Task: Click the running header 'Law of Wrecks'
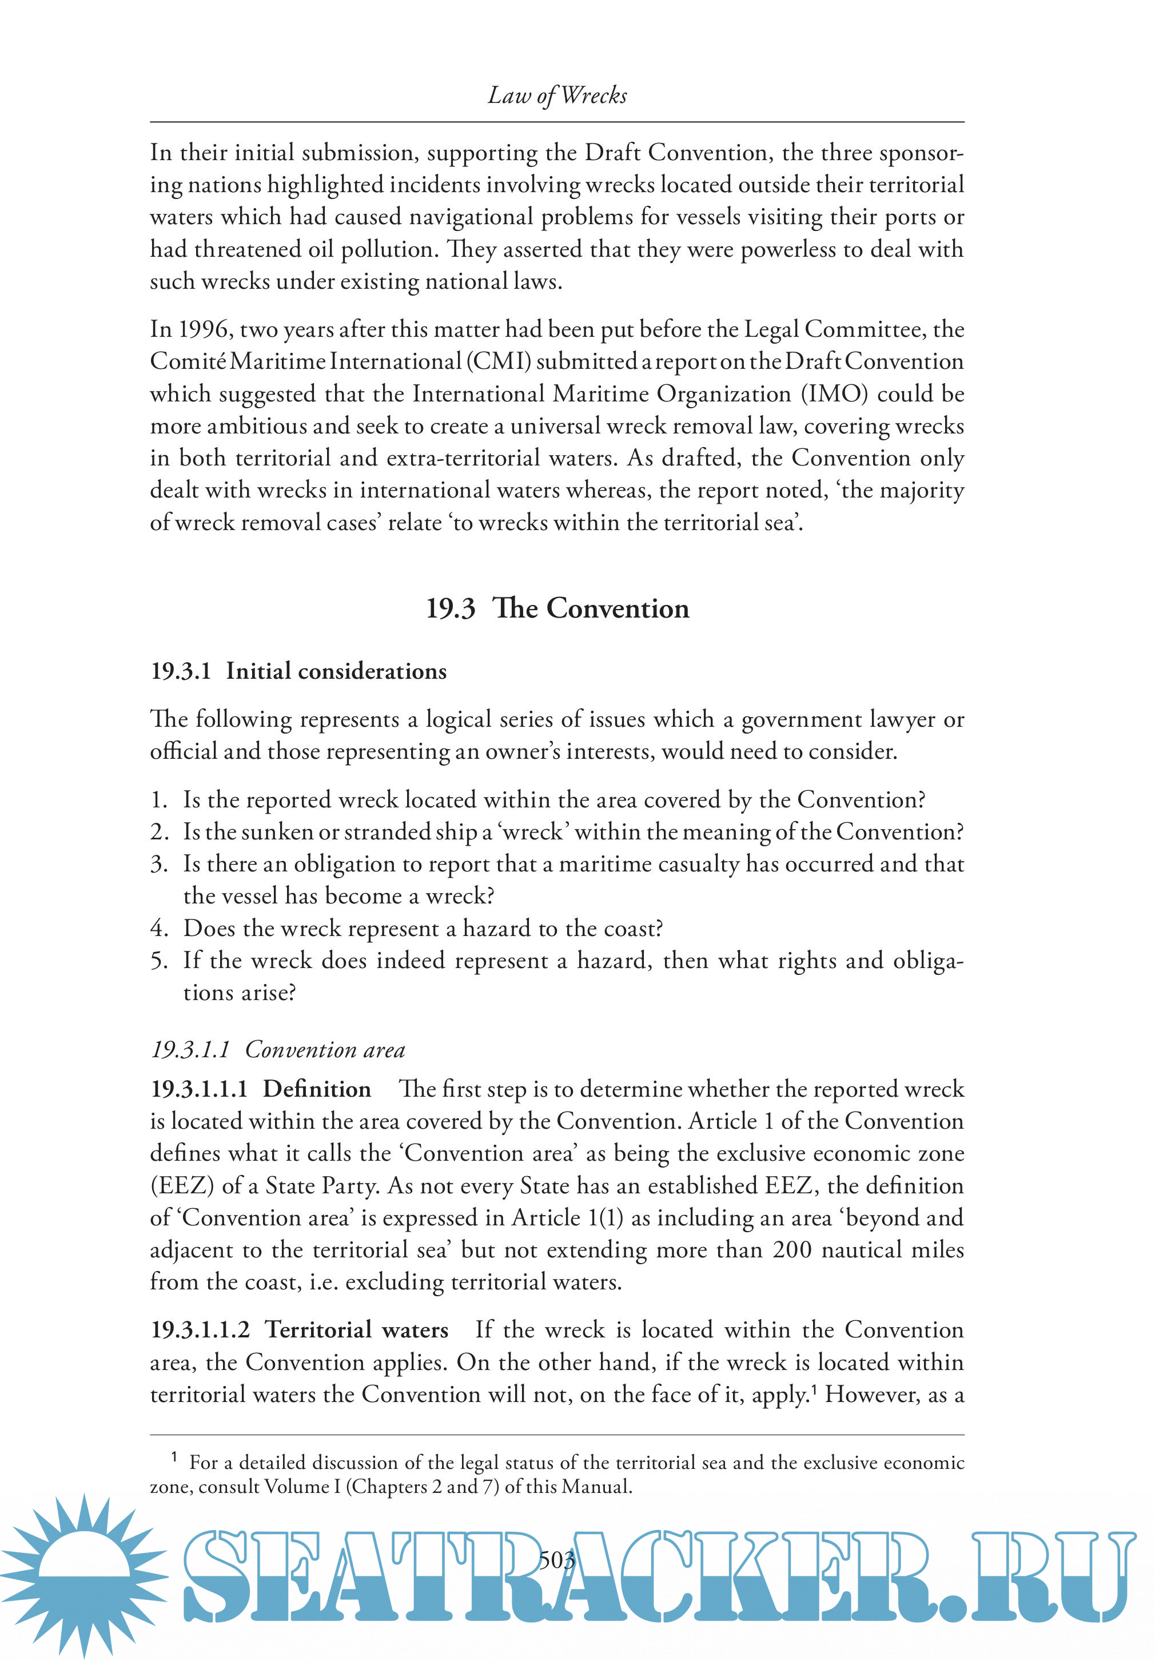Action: click(557, 95)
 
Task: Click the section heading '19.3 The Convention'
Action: click(557, 608)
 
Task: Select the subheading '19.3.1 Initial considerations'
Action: click(298, 671)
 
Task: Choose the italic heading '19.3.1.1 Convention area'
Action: click(278, 1050)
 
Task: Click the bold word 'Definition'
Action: click(317, 1089)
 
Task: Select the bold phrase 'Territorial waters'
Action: click(357, 1331)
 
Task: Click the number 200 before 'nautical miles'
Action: click(792, 1250)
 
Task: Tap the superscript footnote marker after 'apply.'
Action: click(813, 1388)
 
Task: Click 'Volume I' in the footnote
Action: click(297, 1487)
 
